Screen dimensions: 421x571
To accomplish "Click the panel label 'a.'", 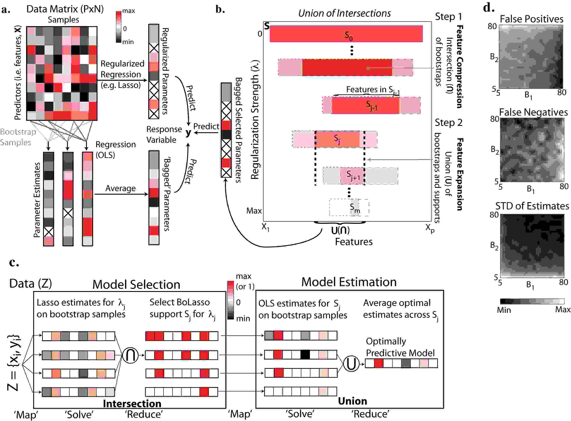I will pos(6,10).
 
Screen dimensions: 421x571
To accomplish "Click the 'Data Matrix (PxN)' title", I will pos(65,9).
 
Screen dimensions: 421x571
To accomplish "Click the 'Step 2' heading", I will pos(448,123).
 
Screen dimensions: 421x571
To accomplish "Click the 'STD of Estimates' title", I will pos(532,206).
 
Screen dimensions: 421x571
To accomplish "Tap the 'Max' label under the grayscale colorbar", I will pos(563,309).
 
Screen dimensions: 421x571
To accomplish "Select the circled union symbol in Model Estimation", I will pos(351,364).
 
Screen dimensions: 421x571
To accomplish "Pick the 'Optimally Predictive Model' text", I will pos(400,347).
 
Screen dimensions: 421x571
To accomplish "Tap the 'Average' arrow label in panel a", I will pos(120,188).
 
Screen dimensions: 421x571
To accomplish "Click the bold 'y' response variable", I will pos(188,132).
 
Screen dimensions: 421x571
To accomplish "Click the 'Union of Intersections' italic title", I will pos(344,13).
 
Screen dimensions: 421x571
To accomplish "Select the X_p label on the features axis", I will pos(429,228).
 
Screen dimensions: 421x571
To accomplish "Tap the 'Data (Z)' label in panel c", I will pos(31,283).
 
